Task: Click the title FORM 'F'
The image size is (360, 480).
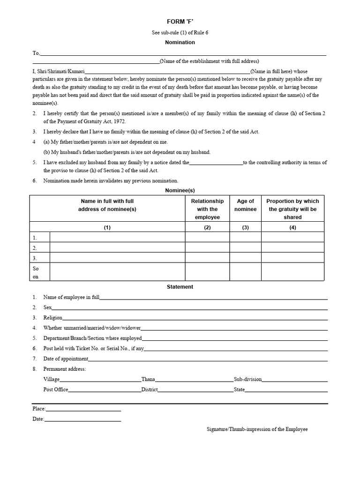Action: pos(180,22)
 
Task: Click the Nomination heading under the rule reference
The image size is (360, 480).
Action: pos(180,42)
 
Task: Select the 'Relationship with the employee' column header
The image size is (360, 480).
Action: pos(207,209)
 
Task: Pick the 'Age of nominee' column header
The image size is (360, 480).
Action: pos(245,205)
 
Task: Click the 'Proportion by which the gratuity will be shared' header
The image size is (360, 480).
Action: pos(292,209)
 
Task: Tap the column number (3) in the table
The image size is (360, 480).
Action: pos(245,227)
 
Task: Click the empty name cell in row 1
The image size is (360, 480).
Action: pos(117,237)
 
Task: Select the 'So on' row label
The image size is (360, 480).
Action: pos(36,272)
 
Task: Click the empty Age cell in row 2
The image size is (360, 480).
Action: pos(245,247)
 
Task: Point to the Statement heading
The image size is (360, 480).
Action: pos(180,287)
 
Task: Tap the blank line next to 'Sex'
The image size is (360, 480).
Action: pos(189,307)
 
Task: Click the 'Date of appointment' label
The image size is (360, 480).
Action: pos(66,359)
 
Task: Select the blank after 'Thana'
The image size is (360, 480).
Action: pos(195,380)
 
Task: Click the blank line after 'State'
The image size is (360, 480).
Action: pos(286,390)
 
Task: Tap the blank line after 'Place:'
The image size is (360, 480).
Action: pos(83,409)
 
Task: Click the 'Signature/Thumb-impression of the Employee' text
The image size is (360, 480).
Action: pos(257,429)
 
